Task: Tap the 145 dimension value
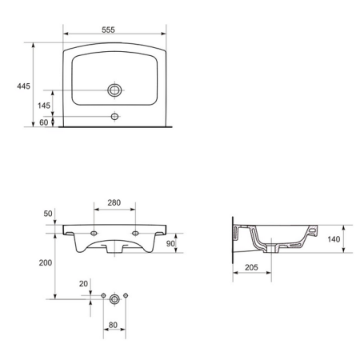(43, 106)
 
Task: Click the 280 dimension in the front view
(114, 203)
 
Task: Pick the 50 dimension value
(47, 214)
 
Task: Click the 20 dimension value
(83, 283)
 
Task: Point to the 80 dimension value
(115, 326)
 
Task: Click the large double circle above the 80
(115, 298)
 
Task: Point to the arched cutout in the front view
(114, 242)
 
